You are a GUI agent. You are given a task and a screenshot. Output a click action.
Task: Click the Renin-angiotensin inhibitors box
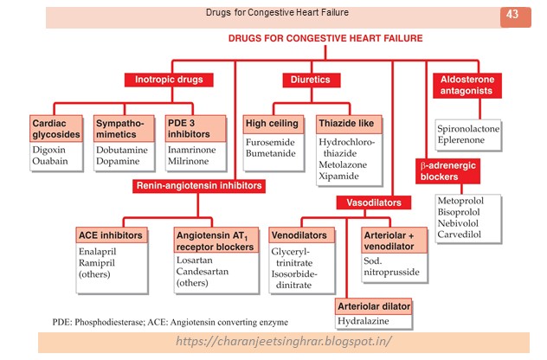198,185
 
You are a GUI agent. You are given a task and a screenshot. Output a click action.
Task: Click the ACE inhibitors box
112,235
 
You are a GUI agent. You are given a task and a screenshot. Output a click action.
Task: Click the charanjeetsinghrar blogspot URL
283,342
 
